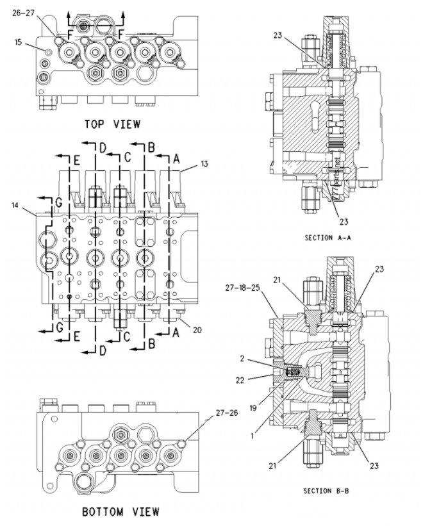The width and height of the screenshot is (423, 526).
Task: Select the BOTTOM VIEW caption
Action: pyautogui.click(x=120, y=511)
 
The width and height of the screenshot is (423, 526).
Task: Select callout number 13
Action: pyautogui.click(x=204, y=164)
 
